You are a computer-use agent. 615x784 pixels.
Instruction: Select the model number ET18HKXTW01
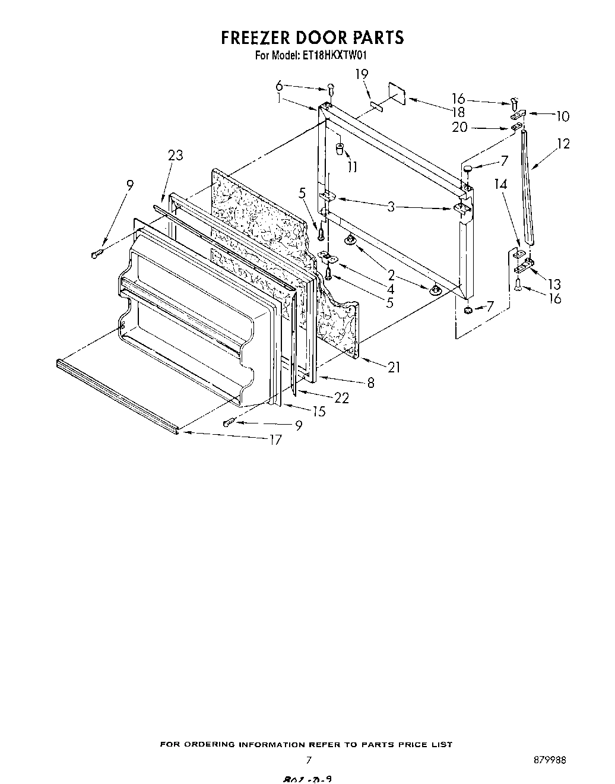338,56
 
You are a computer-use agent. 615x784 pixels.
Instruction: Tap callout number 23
175,155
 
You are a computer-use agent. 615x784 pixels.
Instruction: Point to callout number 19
362,74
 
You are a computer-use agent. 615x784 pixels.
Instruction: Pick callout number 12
563,143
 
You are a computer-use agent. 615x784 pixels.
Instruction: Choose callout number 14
501,184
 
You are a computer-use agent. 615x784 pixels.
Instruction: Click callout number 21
394,367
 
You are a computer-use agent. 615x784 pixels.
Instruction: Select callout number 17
275,440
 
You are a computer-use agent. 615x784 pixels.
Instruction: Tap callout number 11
352,167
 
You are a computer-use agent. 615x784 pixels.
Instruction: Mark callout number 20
459,127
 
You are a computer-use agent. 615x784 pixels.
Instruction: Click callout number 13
554,284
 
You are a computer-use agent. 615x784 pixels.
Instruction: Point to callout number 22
341,398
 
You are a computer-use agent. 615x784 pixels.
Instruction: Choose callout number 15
319,411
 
